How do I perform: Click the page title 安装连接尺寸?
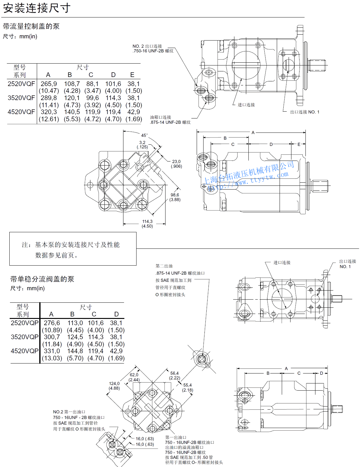pyautogui.click(x=37, y=8)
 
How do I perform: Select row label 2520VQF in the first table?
pyautogui.click(x=21, y=84)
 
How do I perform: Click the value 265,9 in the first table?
pyautogui.click(x=49, y=84)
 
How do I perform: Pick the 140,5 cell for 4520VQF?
pyautogui.click(x=72, y=112)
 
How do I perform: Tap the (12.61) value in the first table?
pyautogui.click(x=49, y=119)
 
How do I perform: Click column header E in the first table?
pyautogui.click(x=132, y=75)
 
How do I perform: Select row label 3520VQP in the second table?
pyautogui.click(x=25, y=337)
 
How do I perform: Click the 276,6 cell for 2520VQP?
pyautogui.click(x=52, y=323)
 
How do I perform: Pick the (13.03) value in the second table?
pyautogui.click(x=52, y=358)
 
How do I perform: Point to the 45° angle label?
pyautogui.click(x=144, y=135)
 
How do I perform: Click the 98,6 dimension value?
pyautogui.click(x=175, y=195)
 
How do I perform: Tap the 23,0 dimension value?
pyautogui.click(x=176, y=161)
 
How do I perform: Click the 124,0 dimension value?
pyautogui.click(x=114, y=383)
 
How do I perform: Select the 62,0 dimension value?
pyautogui.click(x=134, y=375)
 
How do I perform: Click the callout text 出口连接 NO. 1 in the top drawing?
pyautogui.click(x=305, y=112)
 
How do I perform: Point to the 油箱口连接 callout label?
pyautogui.click(x=161, y=117)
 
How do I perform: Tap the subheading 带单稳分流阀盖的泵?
pyautogui.click(x=42, y=279)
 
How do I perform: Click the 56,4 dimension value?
pyautogui.click(x=175, y=373)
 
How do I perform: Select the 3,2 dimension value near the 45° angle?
pyautogui.click(x=142, y=142)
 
